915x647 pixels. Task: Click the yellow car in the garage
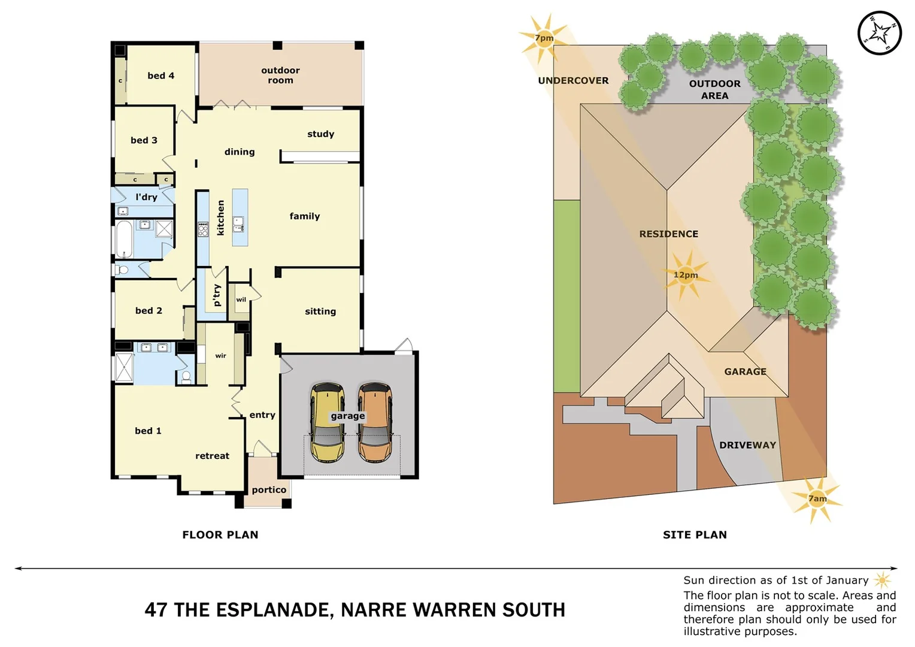pos(327,423)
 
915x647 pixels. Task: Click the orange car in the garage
pos(375,423)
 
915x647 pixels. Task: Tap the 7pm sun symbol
pos(544,38)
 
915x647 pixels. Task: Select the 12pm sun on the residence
pos(686,275)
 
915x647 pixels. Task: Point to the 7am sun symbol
pos(817,498)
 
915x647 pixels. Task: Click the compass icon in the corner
pos(879,33)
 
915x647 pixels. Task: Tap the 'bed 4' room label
pos(161,75)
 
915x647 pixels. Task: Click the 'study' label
pos(320,134)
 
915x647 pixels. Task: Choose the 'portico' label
pos(269,490)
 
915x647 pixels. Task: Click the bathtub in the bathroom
pos(124,238)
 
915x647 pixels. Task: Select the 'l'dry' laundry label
pos(146,197)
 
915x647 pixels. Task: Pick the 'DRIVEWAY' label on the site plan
pos(747,445)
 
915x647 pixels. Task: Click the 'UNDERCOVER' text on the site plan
pos(573,80)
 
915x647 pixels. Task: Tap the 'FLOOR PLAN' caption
pos(220,535)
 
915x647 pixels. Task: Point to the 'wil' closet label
pos(241,300)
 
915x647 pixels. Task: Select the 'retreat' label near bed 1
pos(212,456)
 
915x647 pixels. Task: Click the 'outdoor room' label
pos(280,75)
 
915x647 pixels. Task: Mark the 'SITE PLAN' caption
pos(695,535)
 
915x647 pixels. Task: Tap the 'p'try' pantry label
pos(217,295)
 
